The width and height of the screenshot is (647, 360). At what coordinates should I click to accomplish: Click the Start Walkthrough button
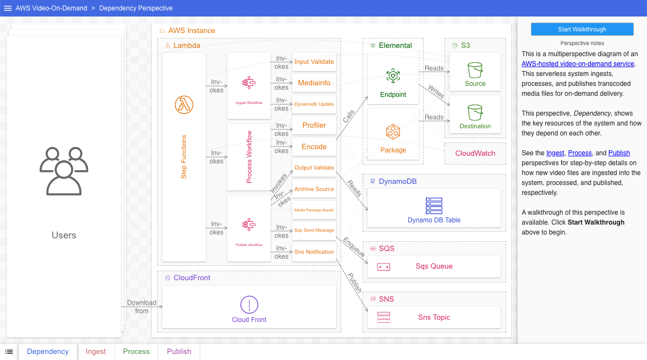[582, 29]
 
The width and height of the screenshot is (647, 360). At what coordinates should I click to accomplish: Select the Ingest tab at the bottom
[96, 351]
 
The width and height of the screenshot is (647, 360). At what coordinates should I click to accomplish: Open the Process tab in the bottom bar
[136, 351]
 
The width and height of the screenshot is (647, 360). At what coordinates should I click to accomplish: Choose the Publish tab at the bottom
[179, 351]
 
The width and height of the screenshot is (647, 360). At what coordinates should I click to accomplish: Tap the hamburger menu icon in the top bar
[8, 8]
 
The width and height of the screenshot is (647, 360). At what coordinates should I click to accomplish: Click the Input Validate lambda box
[314, 62]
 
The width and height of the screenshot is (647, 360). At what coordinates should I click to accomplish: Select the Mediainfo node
[314, 83]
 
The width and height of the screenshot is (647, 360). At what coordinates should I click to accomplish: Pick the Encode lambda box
[314, 147]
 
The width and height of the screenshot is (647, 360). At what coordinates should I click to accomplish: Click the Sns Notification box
[314, 252]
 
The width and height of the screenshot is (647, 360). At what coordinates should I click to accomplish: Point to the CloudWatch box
[475, 154]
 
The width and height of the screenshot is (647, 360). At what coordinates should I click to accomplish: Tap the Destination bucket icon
[475, 112]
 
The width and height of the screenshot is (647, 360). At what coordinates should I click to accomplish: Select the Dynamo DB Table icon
[434, 205]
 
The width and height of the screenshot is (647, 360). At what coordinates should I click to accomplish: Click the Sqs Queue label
[434, 266]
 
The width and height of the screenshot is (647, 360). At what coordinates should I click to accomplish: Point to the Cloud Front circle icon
[249, 304]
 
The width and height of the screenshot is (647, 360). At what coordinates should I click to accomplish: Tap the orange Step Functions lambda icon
[184, 104]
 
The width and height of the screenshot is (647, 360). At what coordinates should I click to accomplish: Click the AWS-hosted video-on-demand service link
[578, 64]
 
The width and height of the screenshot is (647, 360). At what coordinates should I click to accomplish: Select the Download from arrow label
[142, 307]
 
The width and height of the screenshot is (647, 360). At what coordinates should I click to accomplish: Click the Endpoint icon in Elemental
[393, 76]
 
